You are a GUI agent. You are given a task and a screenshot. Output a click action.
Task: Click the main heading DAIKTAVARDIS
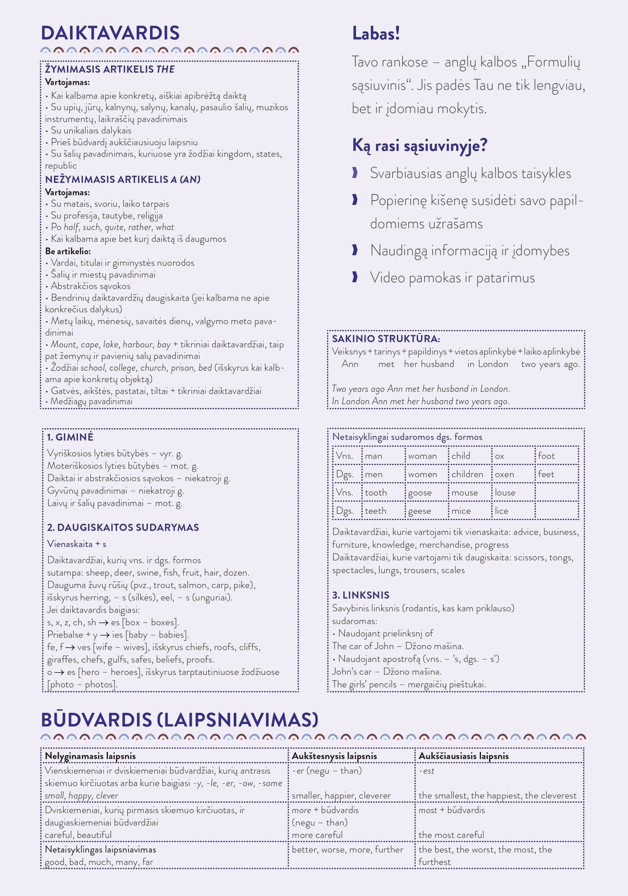(110, 33)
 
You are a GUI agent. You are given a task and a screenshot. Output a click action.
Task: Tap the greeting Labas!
(375, 34)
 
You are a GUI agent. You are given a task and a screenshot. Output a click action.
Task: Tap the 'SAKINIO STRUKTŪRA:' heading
(386, 339)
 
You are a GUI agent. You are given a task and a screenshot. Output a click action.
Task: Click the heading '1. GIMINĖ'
(70, 437)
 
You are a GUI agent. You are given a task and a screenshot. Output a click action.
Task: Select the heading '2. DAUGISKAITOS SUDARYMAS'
(123, 527)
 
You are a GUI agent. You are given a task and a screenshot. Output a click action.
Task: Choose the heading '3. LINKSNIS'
(361, 595)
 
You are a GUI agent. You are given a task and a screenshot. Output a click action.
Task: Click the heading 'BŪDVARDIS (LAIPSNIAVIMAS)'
(179, 720)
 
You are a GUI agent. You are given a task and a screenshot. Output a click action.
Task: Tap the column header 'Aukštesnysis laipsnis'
(334, 756)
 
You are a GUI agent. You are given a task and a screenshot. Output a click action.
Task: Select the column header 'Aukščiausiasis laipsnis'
(463, 756)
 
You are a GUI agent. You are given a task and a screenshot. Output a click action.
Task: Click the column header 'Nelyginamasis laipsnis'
(90, 756)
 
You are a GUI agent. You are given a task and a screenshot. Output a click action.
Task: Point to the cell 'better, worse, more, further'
(347, 849)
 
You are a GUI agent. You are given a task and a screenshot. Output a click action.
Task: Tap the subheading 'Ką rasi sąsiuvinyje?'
(419, 145)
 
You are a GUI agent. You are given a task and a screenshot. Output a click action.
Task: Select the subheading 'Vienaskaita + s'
(76, 544)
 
